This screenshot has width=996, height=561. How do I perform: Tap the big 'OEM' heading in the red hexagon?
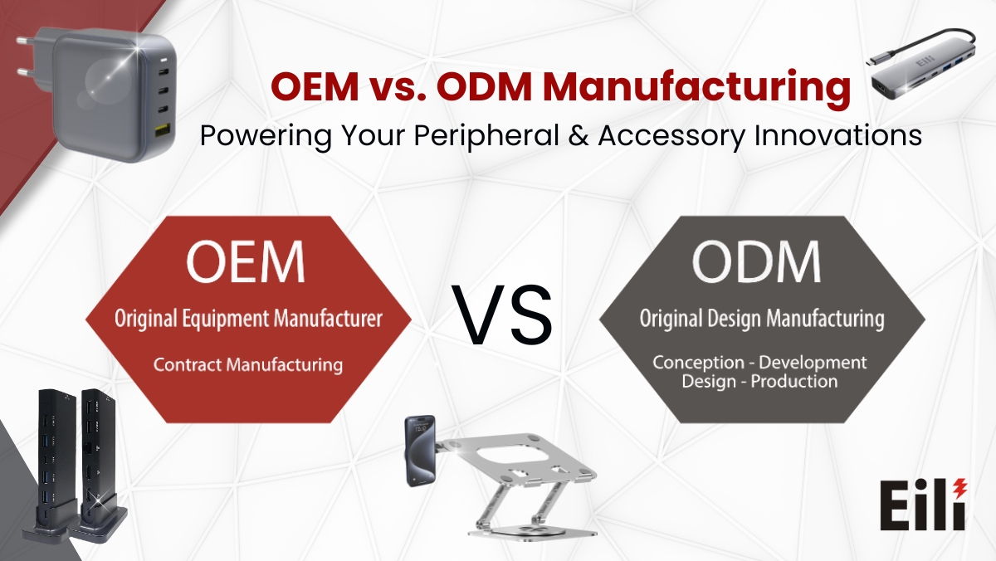tap(245, 261)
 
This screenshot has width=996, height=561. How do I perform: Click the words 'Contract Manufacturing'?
tap(248, 363)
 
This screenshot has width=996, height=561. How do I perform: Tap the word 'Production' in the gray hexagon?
tap(795, 382)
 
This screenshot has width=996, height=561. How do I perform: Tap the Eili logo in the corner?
tap(921, 505)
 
